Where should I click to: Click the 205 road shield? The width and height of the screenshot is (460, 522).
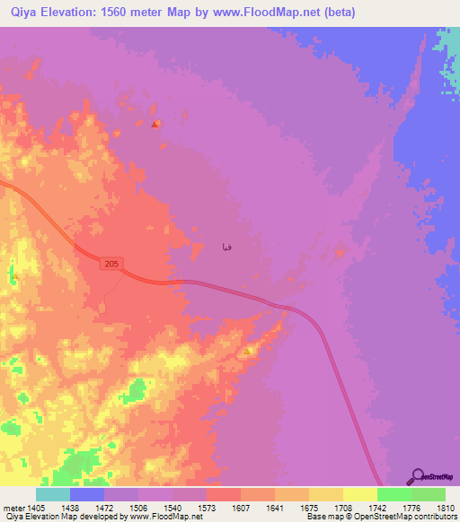pyautogui.click(x=110, y=263)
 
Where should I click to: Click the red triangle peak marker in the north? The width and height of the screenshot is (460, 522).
pyautogui.click(x=155, y=124)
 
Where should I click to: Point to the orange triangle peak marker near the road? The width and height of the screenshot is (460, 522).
pyautogui.click(x=247, y=352)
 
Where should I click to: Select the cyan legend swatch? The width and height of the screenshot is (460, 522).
pyautogui.click(x=53, y=494)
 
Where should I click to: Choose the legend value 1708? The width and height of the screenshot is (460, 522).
pyautogui.click(x=342, y=507)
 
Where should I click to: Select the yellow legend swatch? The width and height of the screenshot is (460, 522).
pyautogui.click(x=359, y=494)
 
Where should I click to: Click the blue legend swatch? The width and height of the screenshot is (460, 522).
pyautogui.click(x=87, y=494)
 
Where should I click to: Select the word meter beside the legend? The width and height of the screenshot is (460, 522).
pyautogui.click(x=12, y=507)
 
